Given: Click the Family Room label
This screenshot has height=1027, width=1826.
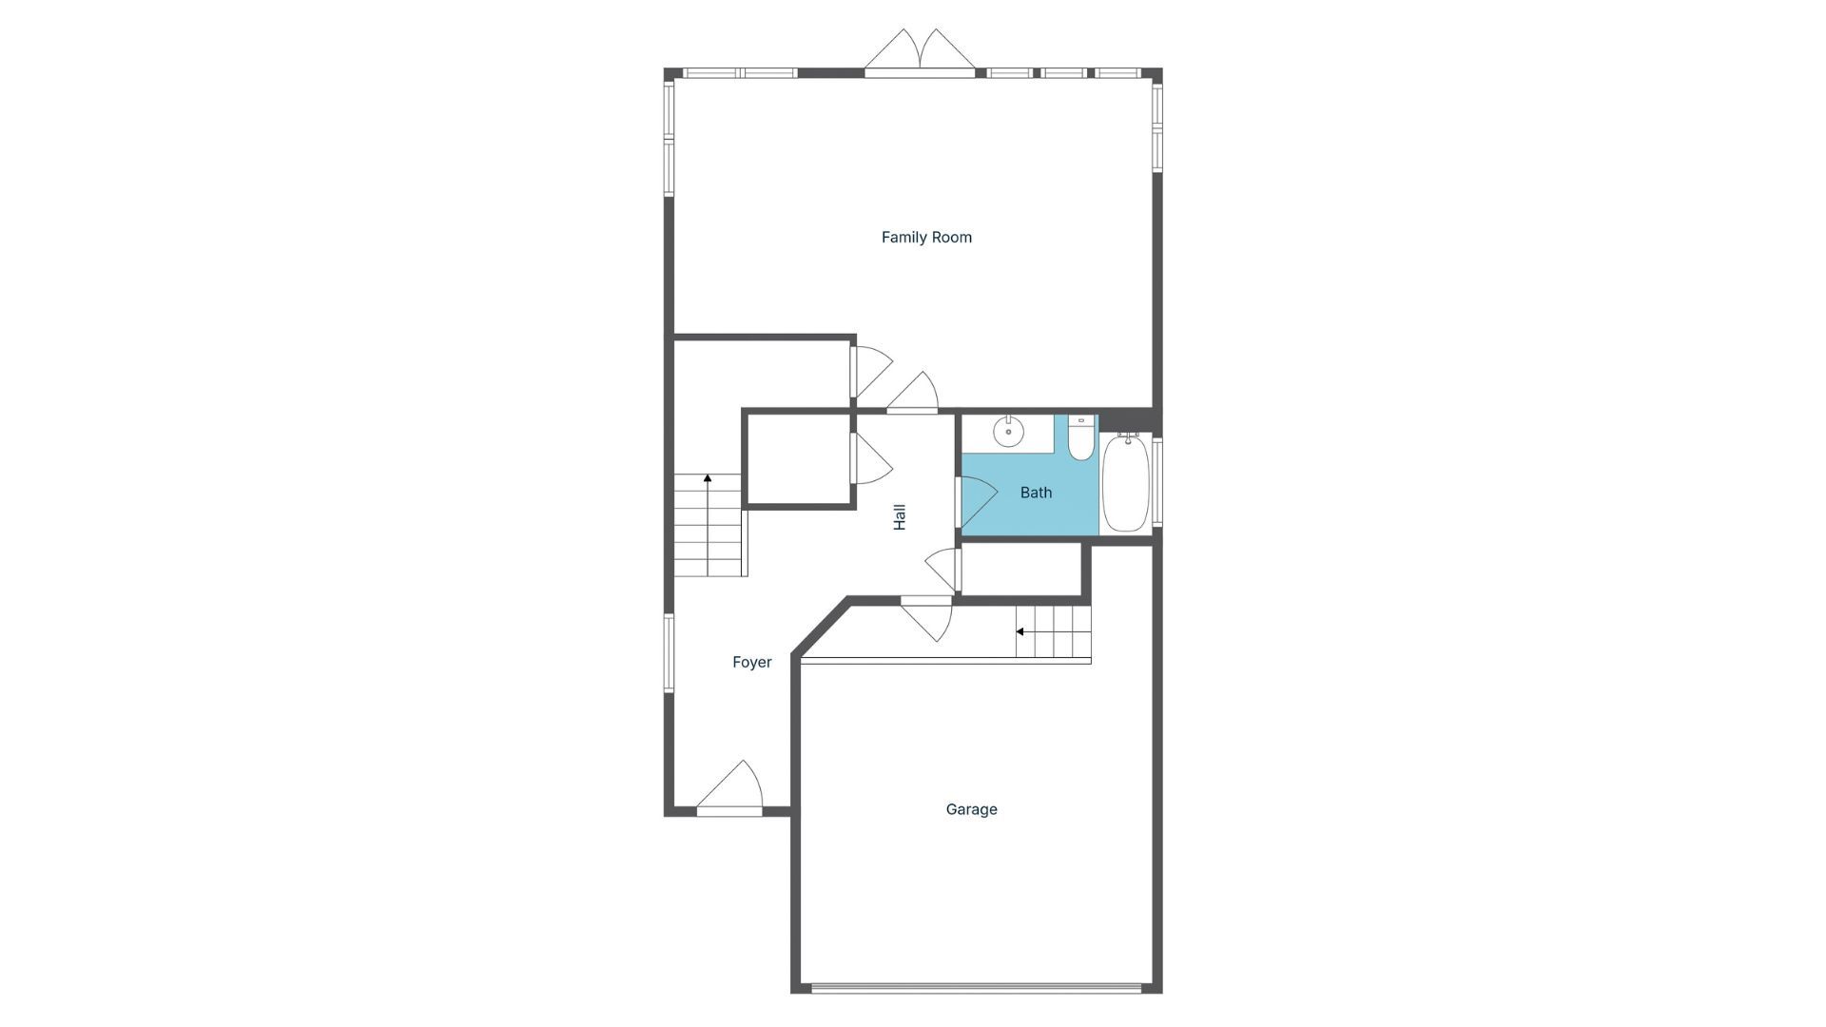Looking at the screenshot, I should tap(926, 237).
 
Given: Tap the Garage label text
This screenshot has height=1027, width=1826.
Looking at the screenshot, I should tap(971, 809).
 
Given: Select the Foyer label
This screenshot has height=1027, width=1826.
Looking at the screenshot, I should tap(751, 662).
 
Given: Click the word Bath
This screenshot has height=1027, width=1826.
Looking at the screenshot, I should tap(1036, 493).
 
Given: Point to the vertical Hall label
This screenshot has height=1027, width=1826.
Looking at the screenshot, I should tap(900, 516).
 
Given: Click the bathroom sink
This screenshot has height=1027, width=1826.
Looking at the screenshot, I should tap(1008, 432).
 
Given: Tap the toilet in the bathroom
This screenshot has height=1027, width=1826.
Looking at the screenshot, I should tap(1081, 439).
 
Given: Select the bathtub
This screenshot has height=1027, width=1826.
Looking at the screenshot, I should tap(1126, 484).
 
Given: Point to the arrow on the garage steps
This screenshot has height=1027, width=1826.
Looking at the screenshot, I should tap(1020, 631).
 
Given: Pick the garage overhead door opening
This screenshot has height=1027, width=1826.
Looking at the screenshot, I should tap(976, 988).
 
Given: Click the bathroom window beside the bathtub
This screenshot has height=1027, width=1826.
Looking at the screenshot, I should tap(1157, 481).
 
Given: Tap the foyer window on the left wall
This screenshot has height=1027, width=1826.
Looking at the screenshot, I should tap(669, 652).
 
